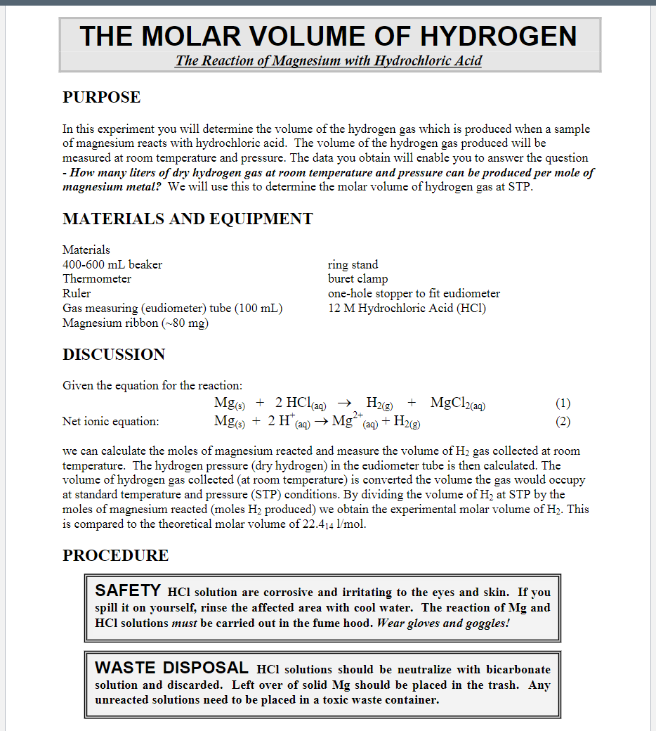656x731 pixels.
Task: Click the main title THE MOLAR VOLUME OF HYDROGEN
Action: tap(329, 36)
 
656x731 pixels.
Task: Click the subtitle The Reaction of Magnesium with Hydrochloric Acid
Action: tap(329, 60)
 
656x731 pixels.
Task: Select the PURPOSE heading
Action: tap(101, 98)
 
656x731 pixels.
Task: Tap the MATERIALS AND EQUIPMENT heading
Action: tap(188, 219)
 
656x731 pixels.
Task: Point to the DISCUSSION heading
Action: tap(114, 354)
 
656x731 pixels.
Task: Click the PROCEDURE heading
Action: tap(115, 555)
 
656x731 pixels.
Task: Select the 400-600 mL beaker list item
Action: tap(112, 264)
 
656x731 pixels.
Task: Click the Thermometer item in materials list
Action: tap(97, 278)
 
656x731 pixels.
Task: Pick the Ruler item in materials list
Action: tap(77, 293)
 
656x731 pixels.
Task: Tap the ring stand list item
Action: tap(353, 264)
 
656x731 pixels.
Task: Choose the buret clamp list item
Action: tap(357, 278)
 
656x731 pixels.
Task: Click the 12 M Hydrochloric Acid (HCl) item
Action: tap(407, 308)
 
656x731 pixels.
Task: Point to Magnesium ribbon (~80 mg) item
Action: tap(136, 323)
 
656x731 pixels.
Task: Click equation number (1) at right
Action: tap(563, 403)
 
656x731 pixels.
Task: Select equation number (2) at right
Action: tap(563, 422)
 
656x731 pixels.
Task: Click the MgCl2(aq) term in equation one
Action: tap(458, 403)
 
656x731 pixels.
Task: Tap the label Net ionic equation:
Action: tap(111, 422)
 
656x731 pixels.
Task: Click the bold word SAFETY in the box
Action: tap(128, 590)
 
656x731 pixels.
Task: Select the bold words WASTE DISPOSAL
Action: tap(171, 668)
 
